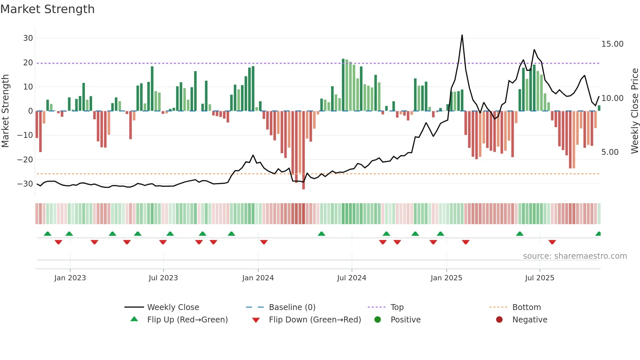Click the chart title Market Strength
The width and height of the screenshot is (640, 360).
[47, 9]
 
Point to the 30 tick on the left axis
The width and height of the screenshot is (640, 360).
[28, 38]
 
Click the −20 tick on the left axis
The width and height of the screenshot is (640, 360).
[25, 160]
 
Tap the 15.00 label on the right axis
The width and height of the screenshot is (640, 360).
[612, 44]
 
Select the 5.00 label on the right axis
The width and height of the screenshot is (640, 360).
[610, 152]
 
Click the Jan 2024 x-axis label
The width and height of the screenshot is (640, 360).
[258, 278]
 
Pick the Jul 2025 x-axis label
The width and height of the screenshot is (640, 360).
[539, 278]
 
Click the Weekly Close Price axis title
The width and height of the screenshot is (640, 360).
[634, 111]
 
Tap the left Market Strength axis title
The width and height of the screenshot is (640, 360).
[5, 111]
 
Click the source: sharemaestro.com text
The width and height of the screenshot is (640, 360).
[575, 256]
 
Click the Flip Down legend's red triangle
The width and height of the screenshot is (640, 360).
[256, 320]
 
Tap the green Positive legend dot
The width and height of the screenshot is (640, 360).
[377, 320]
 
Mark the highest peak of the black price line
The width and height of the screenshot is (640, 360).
[462, 35]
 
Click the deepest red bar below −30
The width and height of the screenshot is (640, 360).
[303, 188]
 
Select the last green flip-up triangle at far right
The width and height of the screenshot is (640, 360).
[598, 234]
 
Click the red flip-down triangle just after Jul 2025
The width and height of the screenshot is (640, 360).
[552, 242]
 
